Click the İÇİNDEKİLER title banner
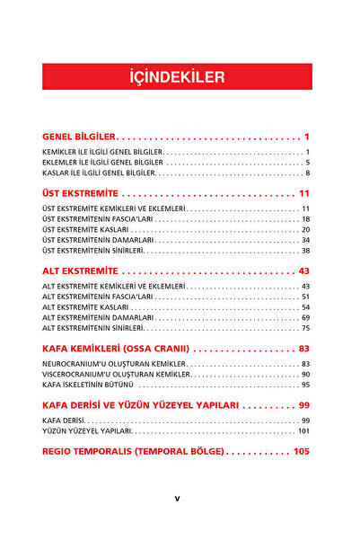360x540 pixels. [x=177, y=77]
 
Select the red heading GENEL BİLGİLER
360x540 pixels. [x=79, y=137]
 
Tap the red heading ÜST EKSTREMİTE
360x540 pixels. [x=81, y=193]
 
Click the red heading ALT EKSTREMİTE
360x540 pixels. [x=81, y=270]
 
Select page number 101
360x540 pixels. [x=303, y=431]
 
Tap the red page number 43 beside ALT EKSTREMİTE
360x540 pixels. [x=303, y=270]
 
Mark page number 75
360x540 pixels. [x=305, y=329]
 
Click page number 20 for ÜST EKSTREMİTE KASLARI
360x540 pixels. [x=305, y=229]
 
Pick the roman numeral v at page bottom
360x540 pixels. [x=178, y=499]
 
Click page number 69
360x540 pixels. [x=305, y=317]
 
